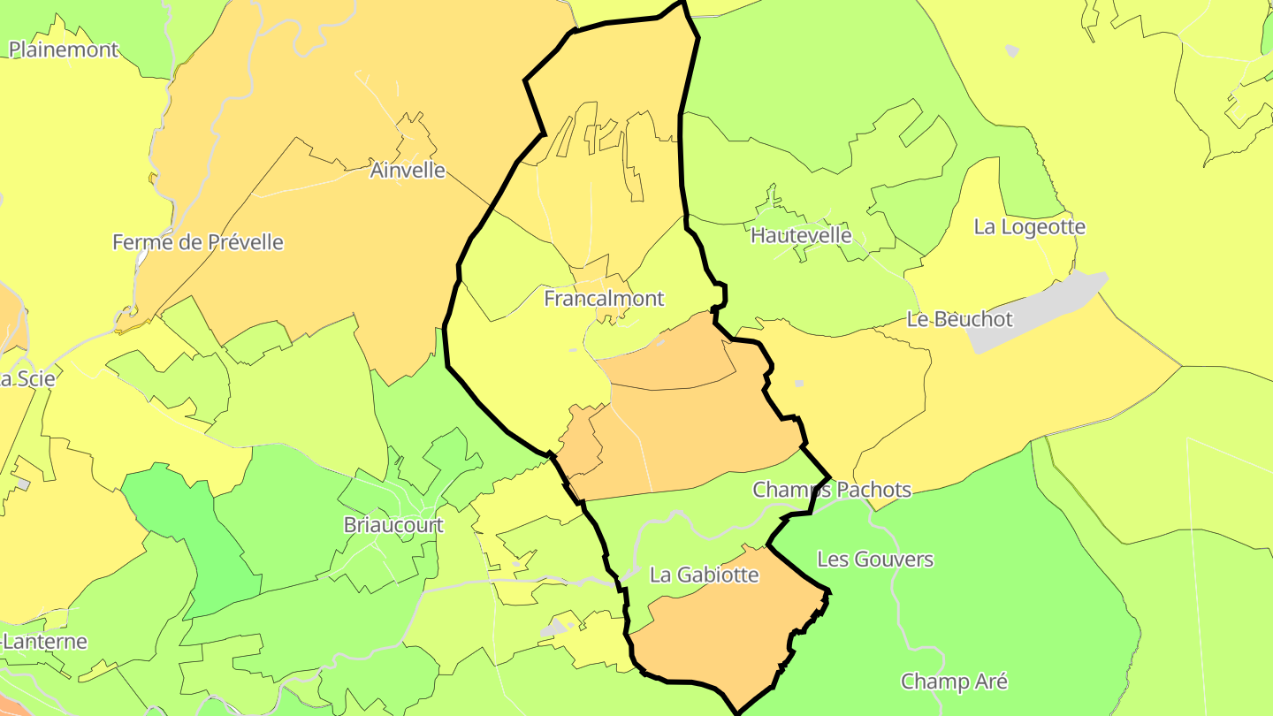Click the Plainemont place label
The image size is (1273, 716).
tap(64, 50)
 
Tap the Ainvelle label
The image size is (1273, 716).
tap(408, 170)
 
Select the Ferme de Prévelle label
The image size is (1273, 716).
tap(198, 242)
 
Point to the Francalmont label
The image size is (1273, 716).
tap(604, 299)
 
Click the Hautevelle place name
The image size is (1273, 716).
tap(801, 235)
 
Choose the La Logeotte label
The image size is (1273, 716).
tap(1029, 226)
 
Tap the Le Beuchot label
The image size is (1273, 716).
tap(959, 319)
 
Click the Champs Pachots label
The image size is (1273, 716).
tap(831, 490)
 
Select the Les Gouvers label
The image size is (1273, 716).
tap(874, 560)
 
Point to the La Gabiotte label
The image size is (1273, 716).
tap(705, 575)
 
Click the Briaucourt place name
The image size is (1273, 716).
tap(393, 525)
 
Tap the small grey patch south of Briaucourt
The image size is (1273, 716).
tap(554, 628)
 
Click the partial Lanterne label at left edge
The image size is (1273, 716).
tap(44, 641)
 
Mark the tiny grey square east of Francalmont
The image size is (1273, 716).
tap(799, 383)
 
